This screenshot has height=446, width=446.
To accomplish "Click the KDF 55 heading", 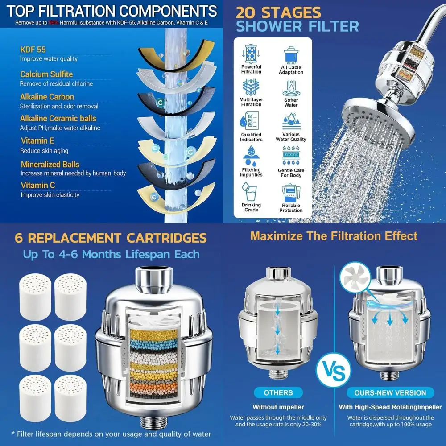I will pyautogui.click(x=33, y=49).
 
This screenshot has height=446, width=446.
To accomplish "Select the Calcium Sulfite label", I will pyautogui.click(x=46, y=74).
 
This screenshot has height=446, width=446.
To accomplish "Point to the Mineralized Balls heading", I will pyautogui.click(x=50, y=164).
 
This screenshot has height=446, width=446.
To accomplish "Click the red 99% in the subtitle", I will pyautogui.click(x=54, y=22).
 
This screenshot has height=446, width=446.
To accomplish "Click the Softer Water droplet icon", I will pyautogui.click(x=291, y=87).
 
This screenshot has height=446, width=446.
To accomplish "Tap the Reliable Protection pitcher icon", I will pyautogui.click(x=291, y=193).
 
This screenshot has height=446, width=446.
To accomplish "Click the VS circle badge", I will pyautogui.click(x=334, y=370).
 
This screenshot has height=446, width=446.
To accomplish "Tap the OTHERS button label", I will pyautogui.click(x=278, y=393).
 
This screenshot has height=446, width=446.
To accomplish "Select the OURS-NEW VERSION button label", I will pyautogui.click(x=390, y=393).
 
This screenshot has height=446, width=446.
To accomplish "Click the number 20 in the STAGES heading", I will pyautogui.click(x=246, y=12).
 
